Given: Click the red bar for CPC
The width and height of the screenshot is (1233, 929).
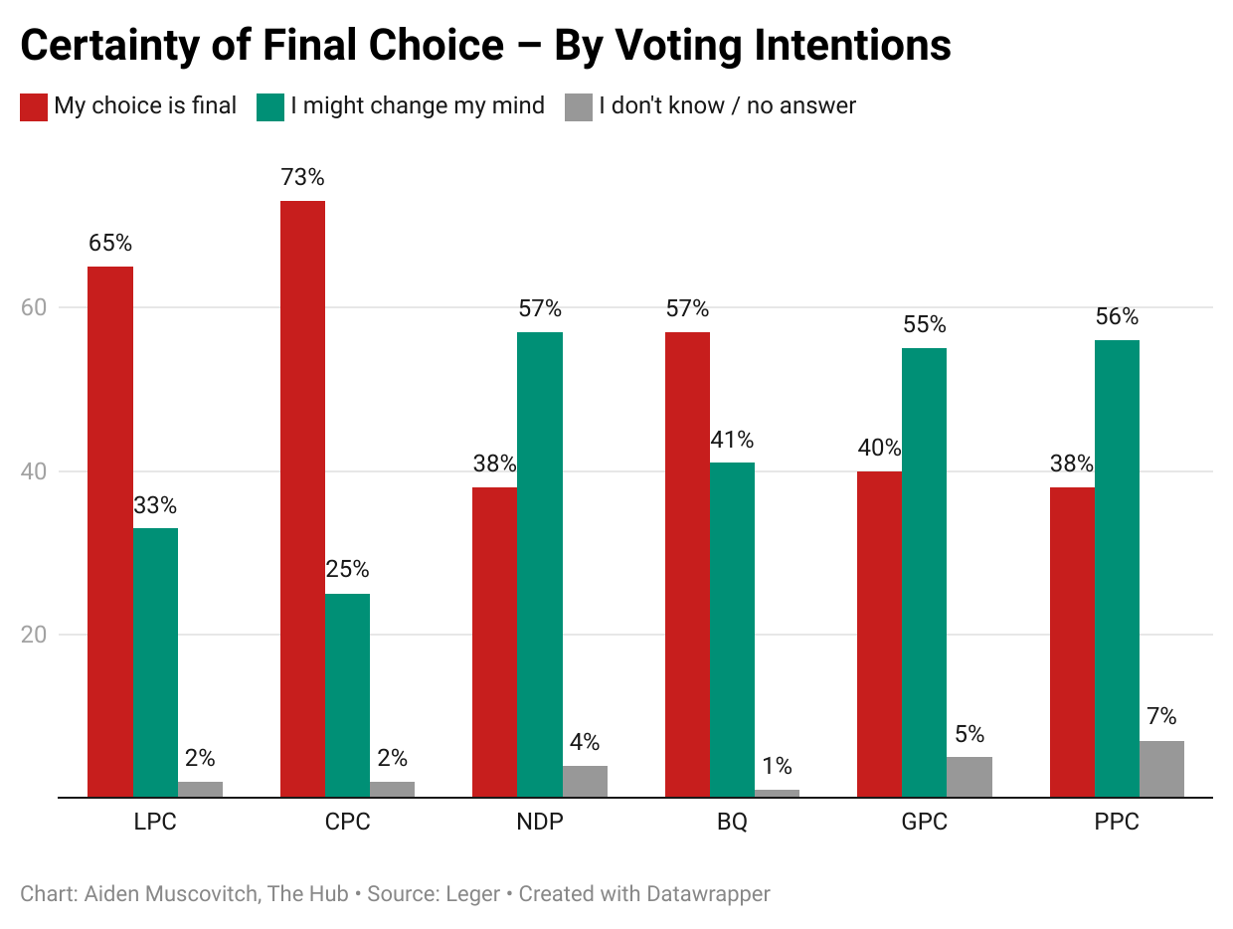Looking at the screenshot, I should pyautogui.click(x=303, y=497).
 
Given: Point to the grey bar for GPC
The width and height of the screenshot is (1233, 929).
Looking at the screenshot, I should pyautogui.click(x=969, y=777).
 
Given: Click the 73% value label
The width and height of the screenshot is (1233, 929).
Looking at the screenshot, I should pyautogui.click(x=303, y=178).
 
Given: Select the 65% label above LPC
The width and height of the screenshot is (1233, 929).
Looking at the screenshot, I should pyautogui.click(x=110, y=244).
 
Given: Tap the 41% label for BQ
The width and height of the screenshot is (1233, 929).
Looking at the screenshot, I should pyautogui.click(x=732, y=440).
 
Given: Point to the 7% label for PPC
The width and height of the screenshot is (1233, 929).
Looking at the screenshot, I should pyautogui.click(x=1161, y=717).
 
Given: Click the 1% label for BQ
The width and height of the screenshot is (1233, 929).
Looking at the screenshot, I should pyautogui.click(x=777, y=766).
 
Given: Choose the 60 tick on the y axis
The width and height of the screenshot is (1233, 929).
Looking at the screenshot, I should pyautogui.click(x=33, y=307).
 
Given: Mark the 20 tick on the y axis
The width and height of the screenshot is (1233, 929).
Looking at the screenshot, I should pyautogui.click(x=33, y=635).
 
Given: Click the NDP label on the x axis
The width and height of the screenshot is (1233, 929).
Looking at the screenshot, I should pyautogui.click(x=540, y=824).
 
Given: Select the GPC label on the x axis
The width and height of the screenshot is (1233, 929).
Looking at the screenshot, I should pyautogui.click(x=925, y=824).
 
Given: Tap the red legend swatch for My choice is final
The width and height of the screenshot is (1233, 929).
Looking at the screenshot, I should pyautogui.click(x=34, y=106).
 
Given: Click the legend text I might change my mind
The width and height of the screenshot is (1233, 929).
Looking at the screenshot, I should pyautogui.click(x=418, y=105).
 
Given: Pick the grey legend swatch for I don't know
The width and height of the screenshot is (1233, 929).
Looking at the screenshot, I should pyautogui.click(x=579, y=106).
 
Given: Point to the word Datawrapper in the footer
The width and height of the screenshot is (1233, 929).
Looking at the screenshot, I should pyautogui.click(x=708, y=894).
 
